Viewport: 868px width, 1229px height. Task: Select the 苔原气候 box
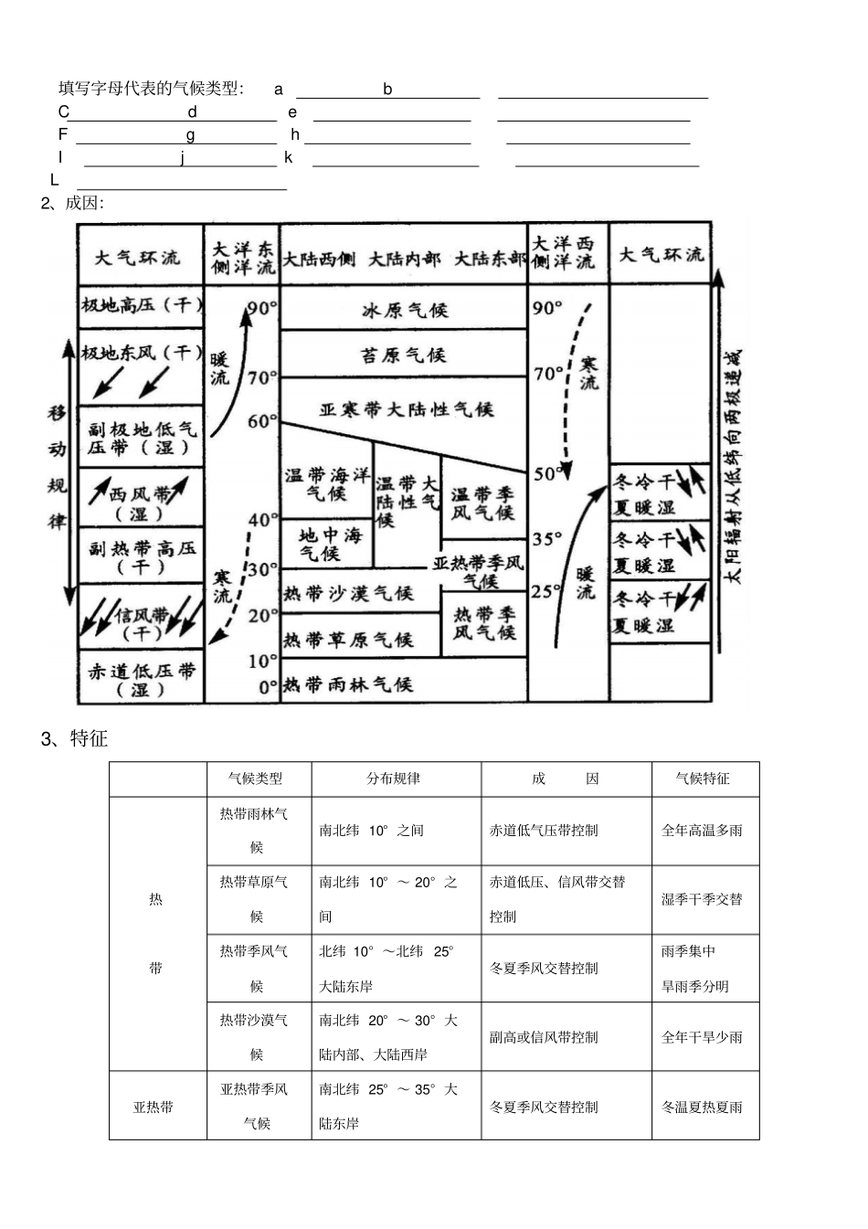click(x=403, y=355)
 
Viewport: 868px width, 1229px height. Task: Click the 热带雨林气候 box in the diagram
click(x=347, y=683)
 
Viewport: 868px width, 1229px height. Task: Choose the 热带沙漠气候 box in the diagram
click(x=348, y=594)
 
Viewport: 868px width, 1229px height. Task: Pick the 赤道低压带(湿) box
click(x=141, y=679)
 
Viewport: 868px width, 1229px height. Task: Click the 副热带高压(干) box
click(x=141, y=556)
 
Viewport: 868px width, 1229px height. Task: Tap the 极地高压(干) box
click(x=141, y=304)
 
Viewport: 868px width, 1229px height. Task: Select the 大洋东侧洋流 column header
click(x=242, y=257)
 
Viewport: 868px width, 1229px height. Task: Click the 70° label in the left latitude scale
click(x=261, y=377)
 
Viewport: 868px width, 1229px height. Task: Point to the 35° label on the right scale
click(x=546, y=539)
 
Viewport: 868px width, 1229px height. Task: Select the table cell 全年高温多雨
click(x=702, y=831)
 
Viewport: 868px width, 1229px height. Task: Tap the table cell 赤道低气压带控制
click(x=544, y=831)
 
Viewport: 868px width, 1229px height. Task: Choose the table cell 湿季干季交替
click(x=702, y=899)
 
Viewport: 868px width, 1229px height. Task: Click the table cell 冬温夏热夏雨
click(x=702, y=1107)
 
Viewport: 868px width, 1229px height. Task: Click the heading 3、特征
click(x=75, y=738)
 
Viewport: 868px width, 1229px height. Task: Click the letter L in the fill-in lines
click(x=55, y=180)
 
